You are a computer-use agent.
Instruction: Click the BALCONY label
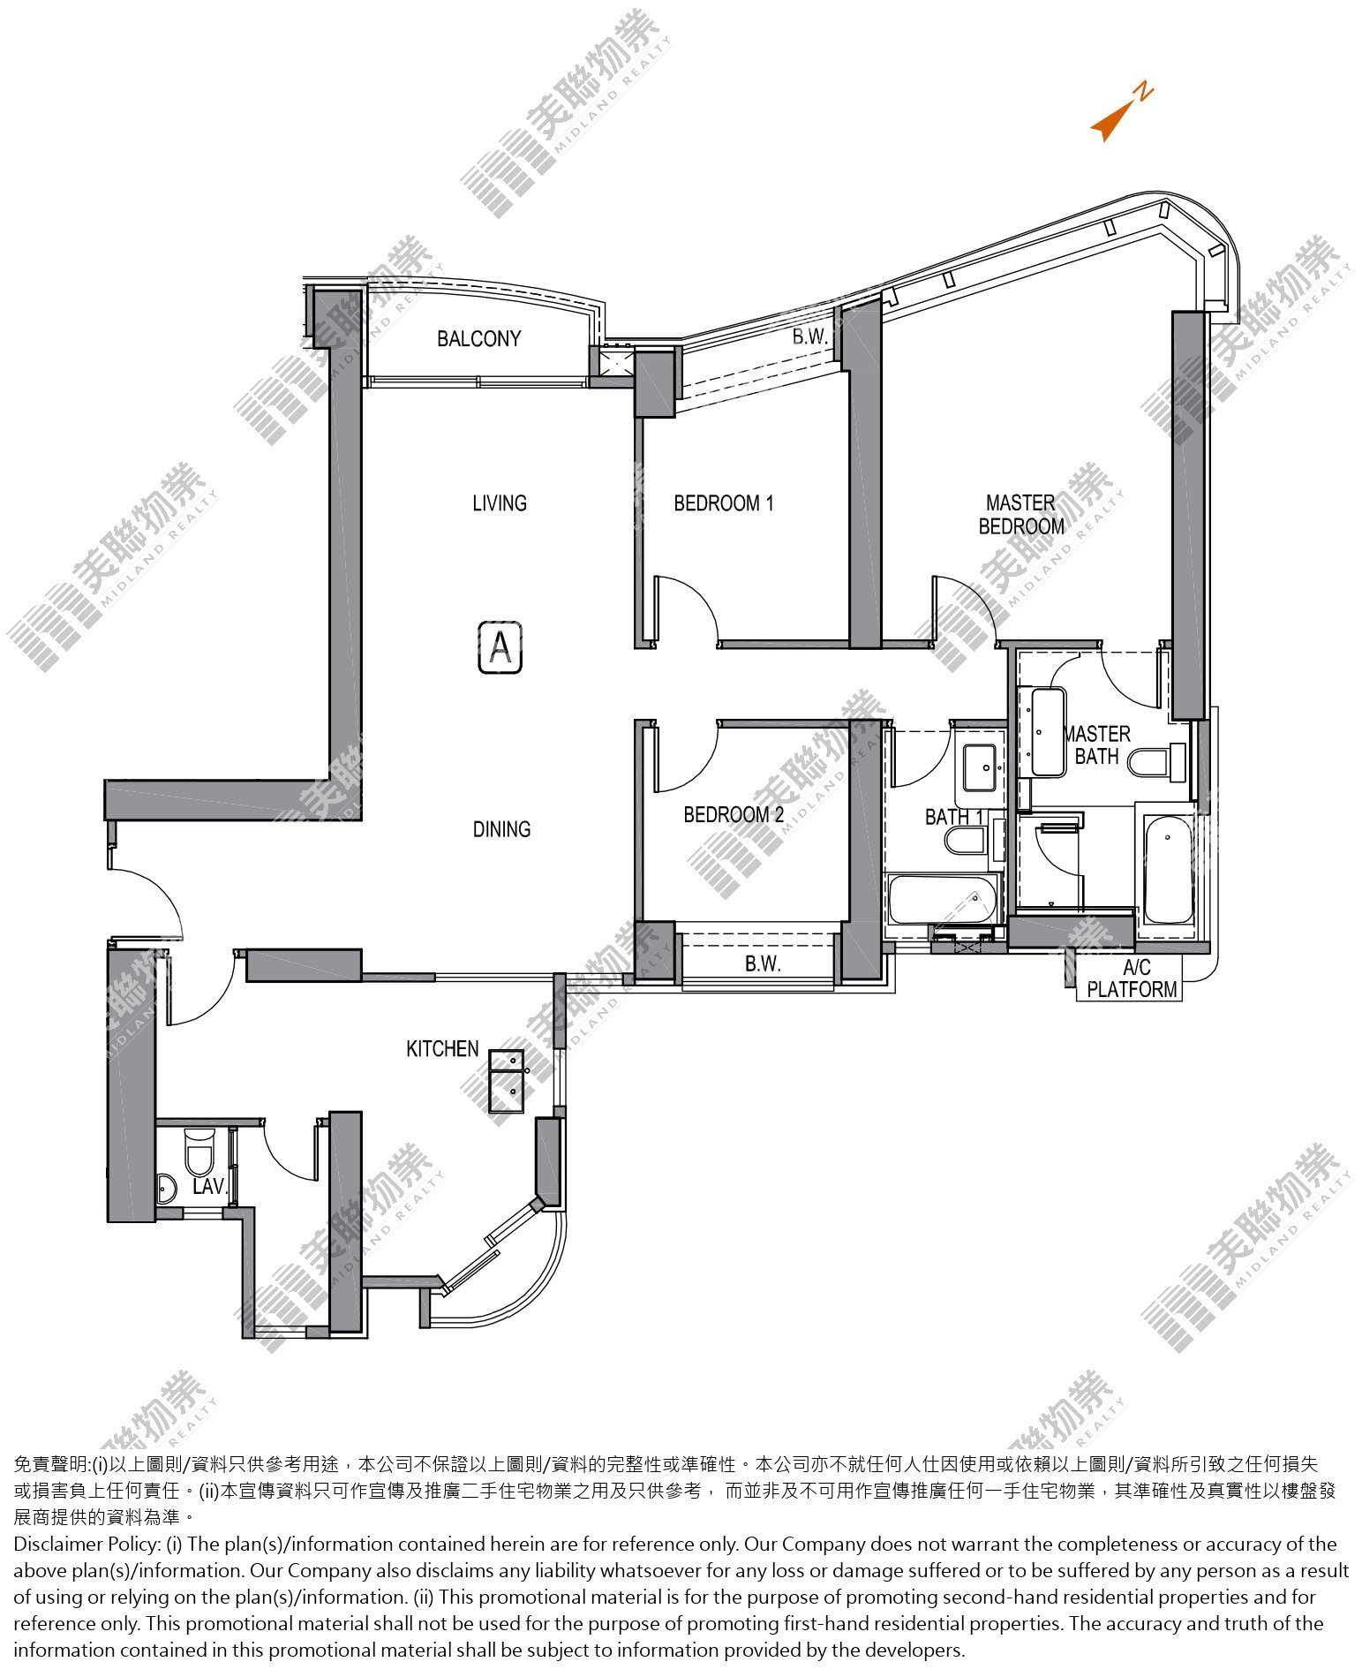478,338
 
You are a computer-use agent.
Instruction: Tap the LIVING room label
500,502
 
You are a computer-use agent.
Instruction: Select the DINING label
501,828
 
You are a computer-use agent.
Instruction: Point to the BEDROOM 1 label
724,502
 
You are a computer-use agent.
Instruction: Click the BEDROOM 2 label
734,814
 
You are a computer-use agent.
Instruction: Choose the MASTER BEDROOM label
1021,514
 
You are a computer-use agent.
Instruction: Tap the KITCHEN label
442,1048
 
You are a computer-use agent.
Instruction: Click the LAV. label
209,1186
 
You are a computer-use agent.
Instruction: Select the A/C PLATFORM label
1132,978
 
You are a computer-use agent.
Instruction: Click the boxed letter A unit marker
500,647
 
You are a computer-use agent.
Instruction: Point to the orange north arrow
1121,112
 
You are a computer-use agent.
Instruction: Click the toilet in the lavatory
200,1151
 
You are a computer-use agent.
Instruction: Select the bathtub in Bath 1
943,899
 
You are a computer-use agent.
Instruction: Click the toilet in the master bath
1158,762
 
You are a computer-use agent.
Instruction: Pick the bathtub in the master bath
1167,868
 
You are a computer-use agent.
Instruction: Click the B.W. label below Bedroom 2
763,963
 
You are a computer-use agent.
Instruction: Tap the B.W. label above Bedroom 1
809,336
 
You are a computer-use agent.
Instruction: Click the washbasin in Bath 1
980,767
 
